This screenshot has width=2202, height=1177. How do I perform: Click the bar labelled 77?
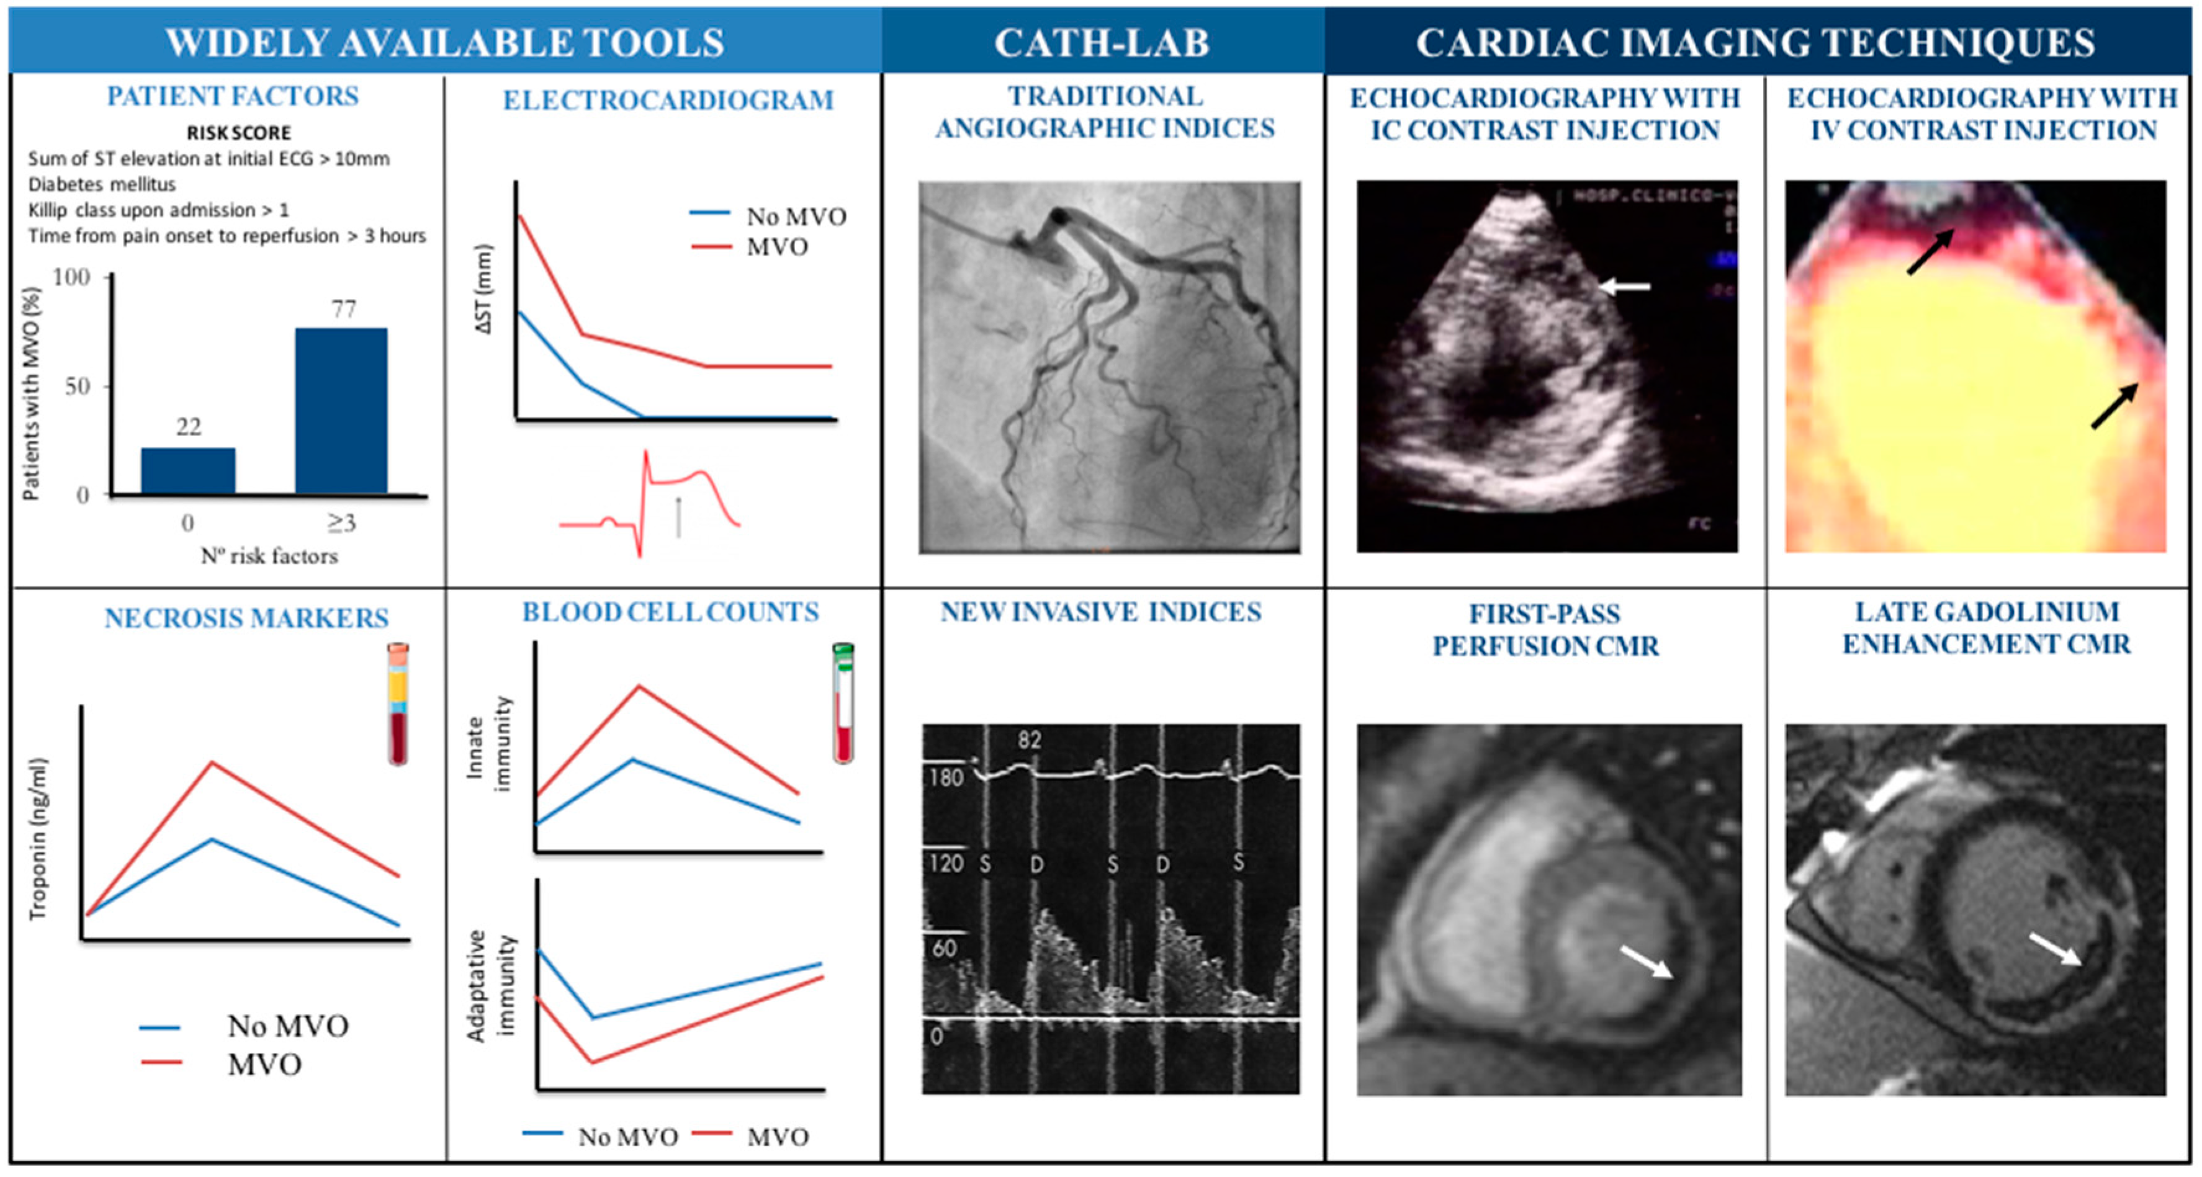[341, 410]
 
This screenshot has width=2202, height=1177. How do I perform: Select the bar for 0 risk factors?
[188, 470]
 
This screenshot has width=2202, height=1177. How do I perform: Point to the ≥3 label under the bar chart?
[341, 522]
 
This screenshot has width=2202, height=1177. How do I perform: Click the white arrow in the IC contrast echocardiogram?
[1624, 287]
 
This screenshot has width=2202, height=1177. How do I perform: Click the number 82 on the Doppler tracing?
[1029, 740]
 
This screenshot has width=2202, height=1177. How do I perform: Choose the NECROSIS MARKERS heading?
[246, 618]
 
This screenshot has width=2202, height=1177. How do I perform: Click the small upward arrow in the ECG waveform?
[679, 517]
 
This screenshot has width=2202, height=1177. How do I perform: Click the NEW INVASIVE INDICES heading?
[1101, 612]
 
